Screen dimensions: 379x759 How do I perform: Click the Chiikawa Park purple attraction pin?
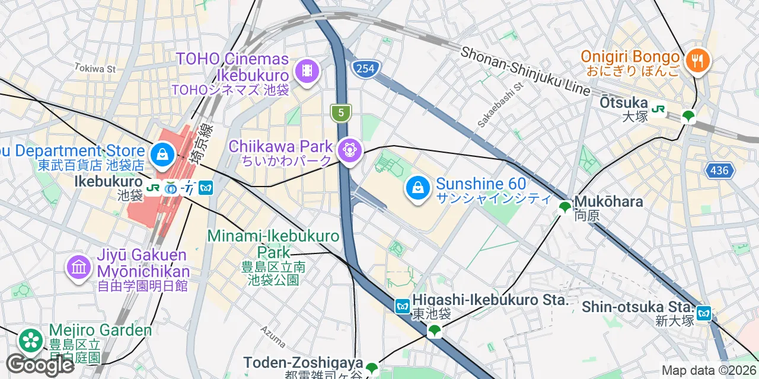coord(351,150)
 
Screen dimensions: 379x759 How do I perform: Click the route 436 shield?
coord(720,171)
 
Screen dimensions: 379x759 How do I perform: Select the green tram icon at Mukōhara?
coord(565,207)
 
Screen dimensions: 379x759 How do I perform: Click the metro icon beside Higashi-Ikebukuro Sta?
coord(403,306)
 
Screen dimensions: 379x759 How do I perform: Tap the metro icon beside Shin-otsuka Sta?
coord(703,313)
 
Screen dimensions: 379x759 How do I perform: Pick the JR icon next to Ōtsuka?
coord(658,109)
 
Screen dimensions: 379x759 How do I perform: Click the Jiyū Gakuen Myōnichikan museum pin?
coord(79,267)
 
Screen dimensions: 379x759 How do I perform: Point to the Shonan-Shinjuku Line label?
coord(527,71)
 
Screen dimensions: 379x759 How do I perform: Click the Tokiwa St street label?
coord(95,69)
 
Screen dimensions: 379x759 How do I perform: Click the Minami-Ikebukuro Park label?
coord(273,244)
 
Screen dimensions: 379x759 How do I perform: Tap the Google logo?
coord(39,365)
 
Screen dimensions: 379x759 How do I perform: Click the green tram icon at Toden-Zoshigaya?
coord(372,368)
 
